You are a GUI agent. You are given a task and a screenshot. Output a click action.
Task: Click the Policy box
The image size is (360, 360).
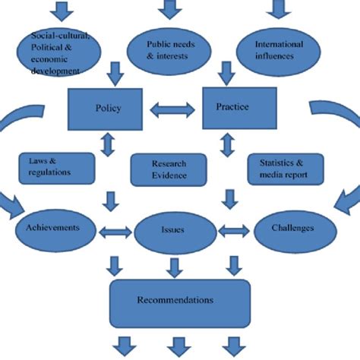tap(108, 108)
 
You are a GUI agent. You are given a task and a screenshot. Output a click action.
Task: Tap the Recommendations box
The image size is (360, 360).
tap(179, 300)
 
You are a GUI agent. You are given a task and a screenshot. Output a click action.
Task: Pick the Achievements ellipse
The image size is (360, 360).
tap(58, 227)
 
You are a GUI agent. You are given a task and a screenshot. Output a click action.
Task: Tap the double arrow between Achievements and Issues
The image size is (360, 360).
tap(115, 229)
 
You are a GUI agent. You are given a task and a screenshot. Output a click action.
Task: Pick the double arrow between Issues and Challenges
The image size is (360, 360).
tap(234, 229)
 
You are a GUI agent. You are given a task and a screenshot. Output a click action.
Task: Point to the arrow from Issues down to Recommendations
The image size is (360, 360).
tap(175, 266)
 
